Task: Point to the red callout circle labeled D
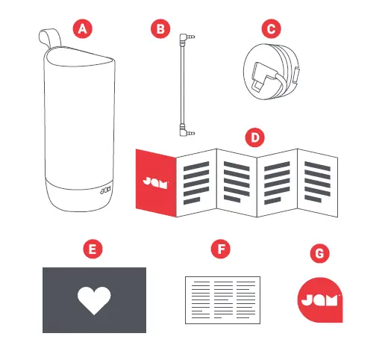click(255, 137)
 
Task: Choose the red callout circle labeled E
click(93, 249)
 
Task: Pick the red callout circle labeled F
click(219, 249)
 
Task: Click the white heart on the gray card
click(93, 300)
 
